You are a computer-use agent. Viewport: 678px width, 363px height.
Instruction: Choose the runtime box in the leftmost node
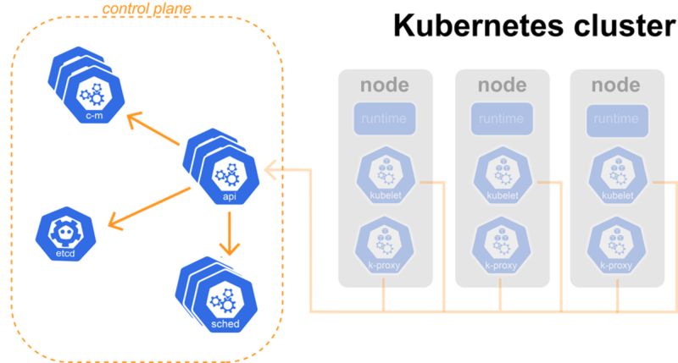[x=386, y=120]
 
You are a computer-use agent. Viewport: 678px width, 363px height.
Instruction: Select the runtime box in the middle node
[x=502, y=120]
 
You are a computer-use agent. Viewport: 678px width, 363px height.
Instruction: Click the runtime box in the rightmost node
[x=616, y=120]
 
